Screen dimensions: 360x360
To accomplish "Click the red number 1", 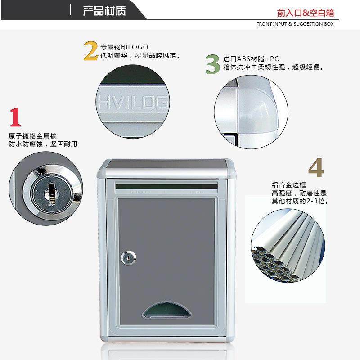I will tap(15, 117).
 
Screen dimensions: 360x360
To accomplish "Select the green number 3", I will tap(212, 64).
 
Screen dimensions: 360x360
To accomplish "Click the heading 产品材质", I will tap(104, 10).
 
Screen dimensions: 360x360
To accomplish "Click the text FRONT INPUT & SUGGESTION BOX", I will tap(295, 24).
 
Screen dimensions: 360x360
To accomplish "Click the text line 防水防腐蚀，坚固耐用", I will tap(43, 144).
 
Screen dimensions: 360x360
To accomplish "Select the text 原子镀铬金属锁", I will tap(33, 136).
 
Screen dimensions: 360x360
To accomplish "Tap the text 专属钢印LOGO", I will tap(124, 47).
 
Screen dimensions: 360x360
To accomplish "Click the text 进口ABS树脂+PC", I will tap(251, 59).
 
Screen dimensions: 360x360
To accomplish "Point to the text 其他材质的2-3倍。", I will tap(300, 201).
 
